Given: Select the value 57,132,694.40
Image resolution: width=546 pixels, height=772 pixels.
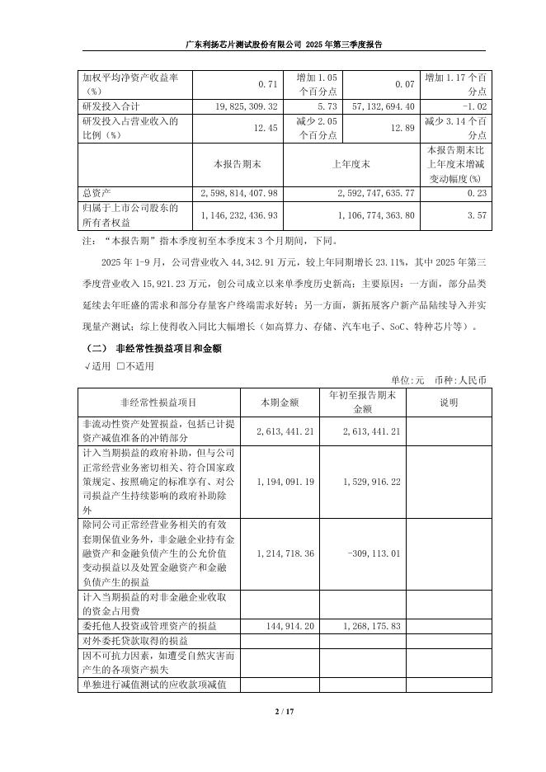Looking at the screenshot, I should coord(379,106).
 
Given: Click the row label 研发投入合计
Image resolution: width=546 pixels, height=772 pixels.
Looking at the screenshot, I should coord(111,106).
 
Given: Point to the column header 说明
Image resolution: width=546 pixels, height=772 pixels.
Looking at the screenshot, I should coord(448,402).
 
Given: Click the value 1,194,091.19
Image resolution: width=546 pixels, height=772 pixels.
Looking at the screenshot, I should coord(285,480).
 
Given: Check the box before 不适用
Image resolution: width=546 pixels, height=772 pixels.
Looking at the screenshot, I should coord(120,366).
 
